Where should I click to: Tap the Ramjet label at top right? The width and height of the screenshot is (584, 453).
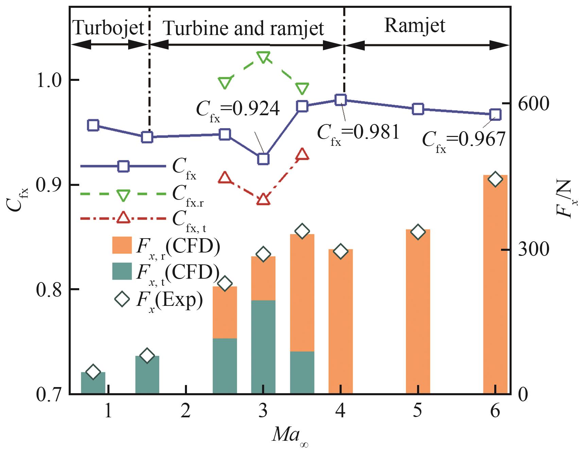tap(414, 25)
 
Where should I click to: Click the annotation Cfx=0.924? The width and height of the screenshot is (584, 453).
tap(238, 110)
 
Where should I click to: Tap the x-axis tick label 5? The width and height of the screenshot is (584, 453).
tap(417, 412)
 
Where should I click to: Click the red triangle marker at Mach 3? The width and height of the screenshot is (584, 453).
tap(263, 199)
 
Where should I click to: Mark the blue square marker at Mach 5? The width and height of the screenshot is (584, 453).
tap(418, 109)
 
